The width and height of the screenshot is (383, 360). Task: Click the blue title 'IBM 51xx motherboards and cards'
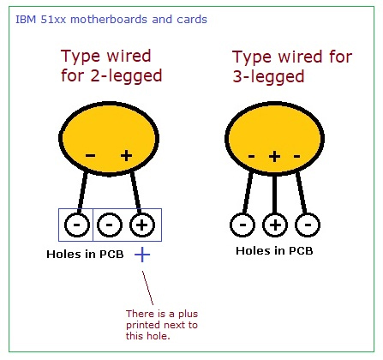(111, 20)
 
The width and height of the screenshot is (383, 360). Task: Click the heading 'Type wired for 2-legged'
(111, 66)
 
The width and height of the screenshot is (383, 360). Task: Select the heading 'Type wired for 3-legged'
(292, 67)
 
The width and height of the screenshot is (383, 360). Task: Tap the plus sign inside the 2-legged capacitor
(126, 156)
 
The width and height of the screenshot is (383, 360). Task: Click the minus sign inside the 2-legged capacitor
(91, 156)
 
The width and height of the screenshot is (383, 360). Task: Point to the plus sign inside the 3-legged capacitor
(275, 156)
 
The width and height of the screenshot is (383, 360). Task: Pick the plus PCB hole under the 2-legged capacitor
(142, 225)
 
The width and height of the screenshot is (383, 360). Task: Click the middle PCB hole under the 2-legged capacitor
(110, 225)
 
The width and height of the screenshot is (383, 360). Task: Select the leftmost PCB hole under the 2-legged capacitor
(77, 225)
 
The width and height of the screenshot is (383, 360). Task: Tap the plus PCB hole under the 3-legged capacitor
(275, 225)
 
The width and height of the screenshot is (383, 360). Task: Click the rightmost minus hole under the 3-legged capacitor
(308, 225)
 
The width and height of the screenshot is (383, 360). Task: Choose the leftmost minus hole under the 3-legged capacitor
(242, 225)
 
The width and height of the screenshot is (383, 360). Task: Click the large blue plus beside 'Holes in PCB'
(142, 255)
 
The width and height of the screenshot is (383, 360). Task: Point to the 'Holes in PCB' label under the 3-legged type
(274, 251)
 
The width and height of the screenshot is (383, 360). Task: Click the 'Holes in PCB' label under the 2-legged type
(85, 254)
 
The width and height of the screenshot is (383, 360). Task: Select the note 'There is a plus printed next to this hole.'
(162, 325)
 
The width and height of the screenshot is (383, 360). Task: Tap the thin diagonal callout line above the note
(147, 288)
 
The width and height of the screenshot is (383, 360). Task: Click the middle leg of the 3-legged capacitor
(275, 194)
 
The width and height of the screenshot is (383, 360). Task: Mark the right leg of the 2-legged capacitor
(135, 192)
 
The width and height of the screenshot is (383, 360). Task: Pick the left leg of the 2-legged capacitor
(83, 192)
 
